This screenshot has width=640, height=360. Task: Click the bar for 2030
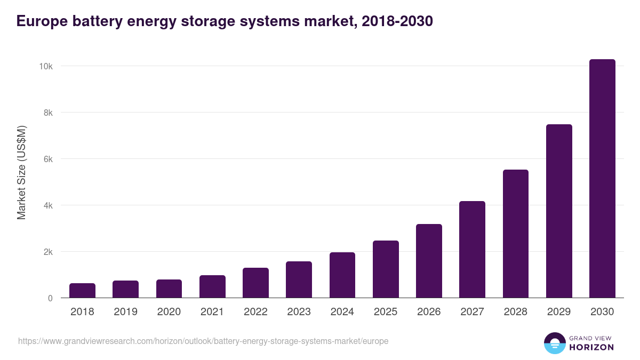tap(602, 179)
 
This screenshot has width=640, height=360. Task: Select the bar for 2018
tap(82, 291)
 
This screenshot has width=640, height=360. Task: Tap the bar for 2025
tap(386, 269)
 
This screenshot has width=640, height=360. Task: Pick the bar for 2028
tap(515, 234)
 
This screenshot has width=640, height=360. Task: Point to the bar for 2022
tap(255, 283)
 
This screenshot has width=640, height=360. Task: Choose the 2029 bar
tap(559, 211)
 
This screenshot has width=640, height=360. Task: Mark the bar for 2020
tap(169, 289)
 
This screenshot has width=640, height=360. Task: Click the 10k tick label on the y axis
tap(45, 66)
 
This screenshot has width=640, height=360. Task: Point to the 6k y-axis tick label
tap(47, 159)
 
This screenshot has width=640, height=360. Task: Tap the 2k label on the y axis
tap(47, 252)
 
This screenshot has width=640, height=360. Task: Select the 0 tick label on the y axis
tap(50, 298)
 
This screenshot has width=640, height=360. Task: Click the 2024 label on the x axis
tap(342, 312)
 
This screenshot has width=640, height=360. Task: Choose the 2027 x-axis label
tap(472, 312)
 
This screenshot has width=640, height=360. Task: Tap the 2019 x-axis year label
tap(125, 312)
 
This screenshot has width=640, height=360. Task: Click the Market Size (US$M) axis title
tap(21, 172)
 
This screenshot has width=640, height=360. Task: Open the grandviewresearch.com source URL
tap(203, 341)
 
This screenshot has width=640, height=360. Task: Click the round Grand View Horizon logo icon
tap(554, 343)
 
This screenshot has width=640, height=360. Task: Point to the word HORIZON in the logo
tap(591, 347)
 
